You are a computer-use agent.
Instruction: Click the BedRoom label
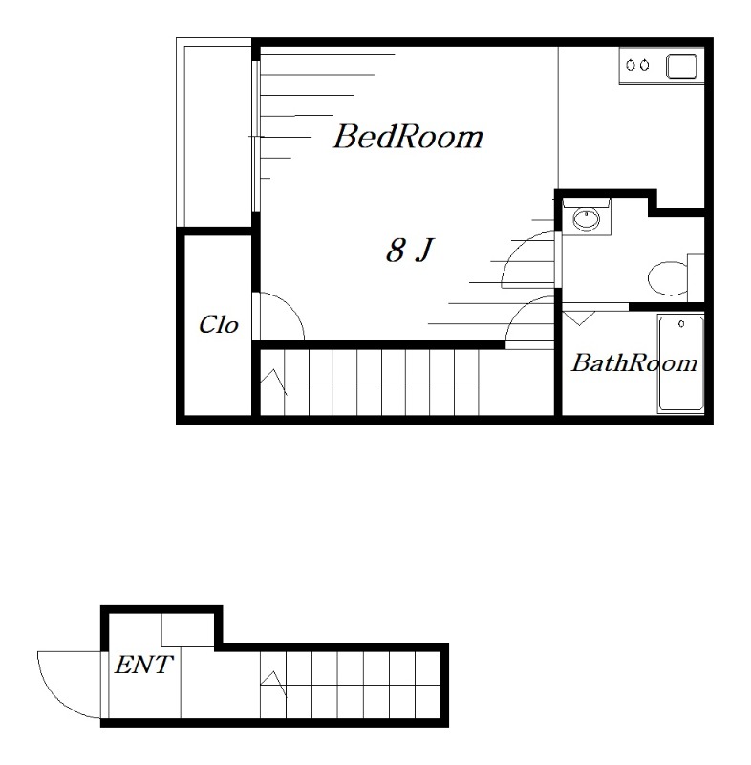[x=408, y=136]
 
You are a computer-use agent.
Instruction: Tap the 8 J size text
[x=409, y=250]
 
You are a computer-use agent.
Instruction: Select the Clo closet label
[x=219, y=324]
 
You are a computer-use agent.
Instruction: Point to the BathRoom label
[x=634, y=363]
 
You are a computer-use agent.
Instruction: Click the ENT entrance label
[x=143, y=665]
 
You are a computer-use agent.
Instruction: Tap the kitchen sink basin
[x=681, y=67]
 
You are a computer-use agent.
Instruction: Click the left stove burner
[x=631, y=65]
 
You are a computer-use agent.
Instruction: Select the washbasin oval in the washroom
[x=586, y=219]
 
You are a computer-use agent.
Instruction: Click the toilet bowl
[x=667, y=278]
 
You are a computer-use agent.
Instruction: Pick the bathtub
[x=681, y=363]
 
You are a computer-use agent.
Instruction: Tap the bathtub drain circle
[x=681, y=324]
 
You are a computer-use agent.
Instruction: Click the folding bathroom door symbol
[x=579, y=317]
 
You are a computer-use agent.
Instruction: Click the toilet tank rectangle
[x=696, y=277]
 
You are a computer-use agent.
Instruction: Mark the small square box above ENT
[x=188, y=630]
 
